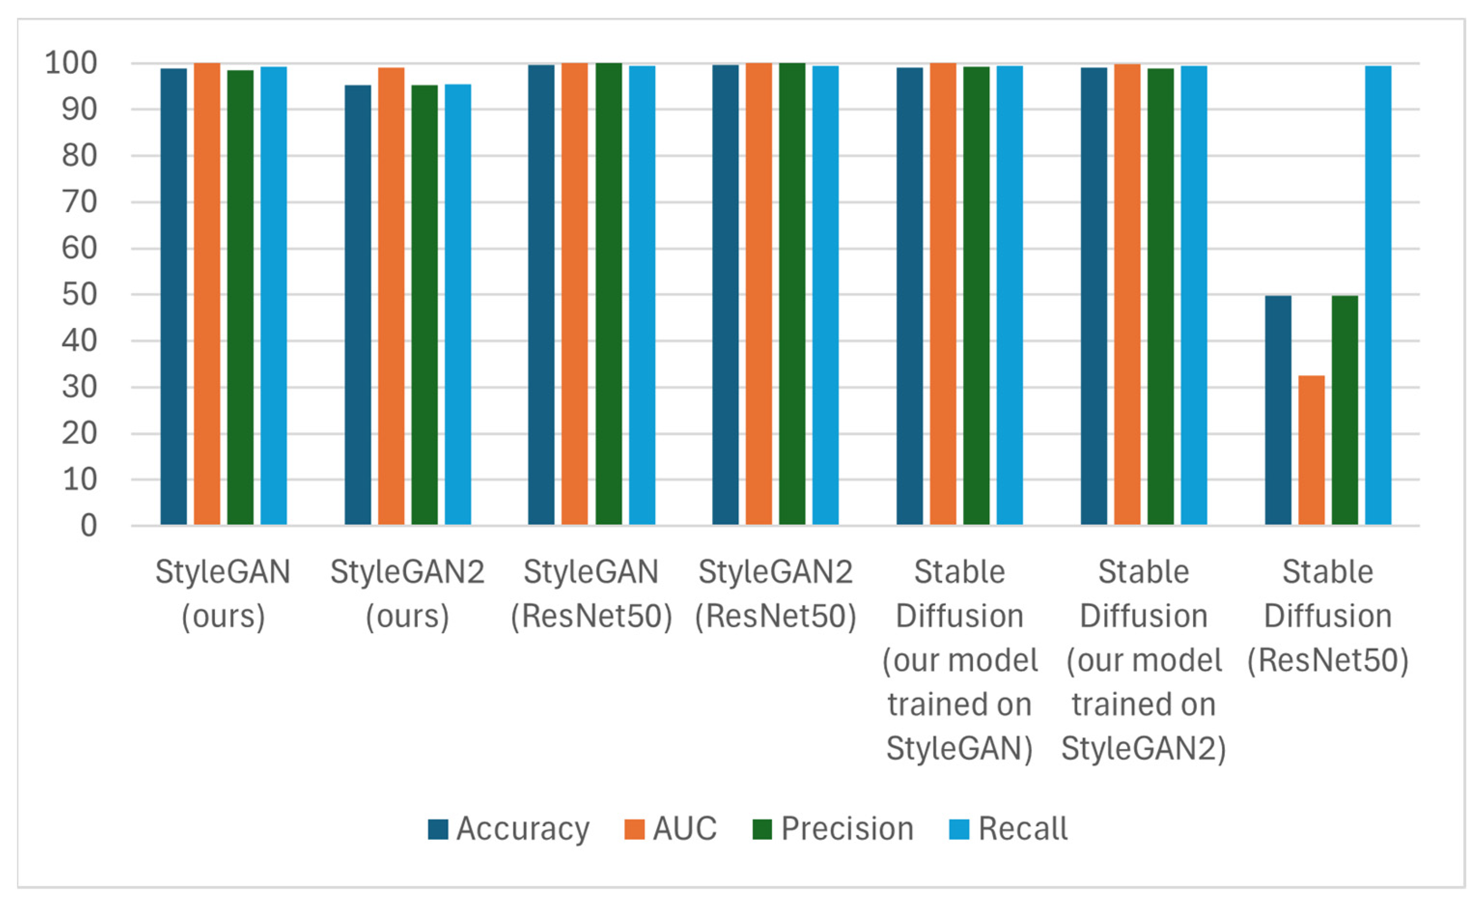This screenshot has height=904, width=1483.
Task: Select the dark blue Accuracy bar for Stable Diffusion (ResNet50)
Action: point(1278,410)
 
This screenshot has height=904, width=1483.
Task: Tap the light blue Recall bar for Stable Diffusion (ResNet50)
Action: point(1378,295)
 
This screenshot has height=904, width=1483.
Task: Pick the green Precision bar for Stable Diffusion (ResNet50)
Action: point(1344,410)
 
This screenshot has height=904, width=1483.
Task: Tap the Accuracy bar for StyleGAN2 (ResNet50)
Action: point(725,295)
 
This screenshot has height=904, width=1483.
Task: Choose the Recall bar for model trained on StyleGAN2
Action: point(1193,295)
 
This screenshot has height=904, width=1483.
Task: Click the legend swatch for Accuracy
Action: point(437,829)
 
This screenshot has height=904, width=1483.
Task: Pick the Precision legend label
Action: point(847,829)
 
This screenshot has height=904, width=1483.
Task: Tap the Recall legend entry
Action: point(1022,829)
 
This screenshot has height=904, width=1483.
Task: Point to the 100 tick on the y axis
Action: point(71,63)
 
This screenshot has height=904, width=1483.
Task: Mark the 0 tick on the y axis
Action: point(88,526)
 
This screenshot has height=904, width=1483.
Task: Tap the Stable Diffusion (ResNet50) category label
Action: point(1328,616)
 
